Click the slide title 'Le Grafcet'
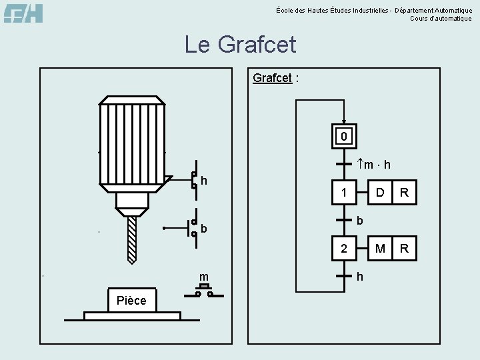(240, 45)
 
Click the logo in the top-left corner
(23, 13)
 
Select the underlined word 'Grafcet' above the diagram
(272, 78)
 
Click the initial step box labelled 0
(343, 137)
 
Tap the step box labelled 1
(343, 193)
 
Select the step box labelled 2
(343, 249)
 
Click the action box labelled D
(379, 193)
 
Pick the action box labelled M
(379, 249)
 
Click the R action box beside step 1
(403, 193)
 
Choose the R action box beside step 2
(403, 249)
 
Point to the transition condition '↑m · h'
(374, 164)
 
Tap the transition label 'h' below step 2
(360, 275)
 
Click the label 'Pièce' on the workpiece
(131, 300)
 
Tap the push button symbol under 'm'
(204, 289)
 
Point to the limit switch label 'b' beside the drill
(203, 229)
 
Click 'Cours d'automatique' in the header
(441, 19)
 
